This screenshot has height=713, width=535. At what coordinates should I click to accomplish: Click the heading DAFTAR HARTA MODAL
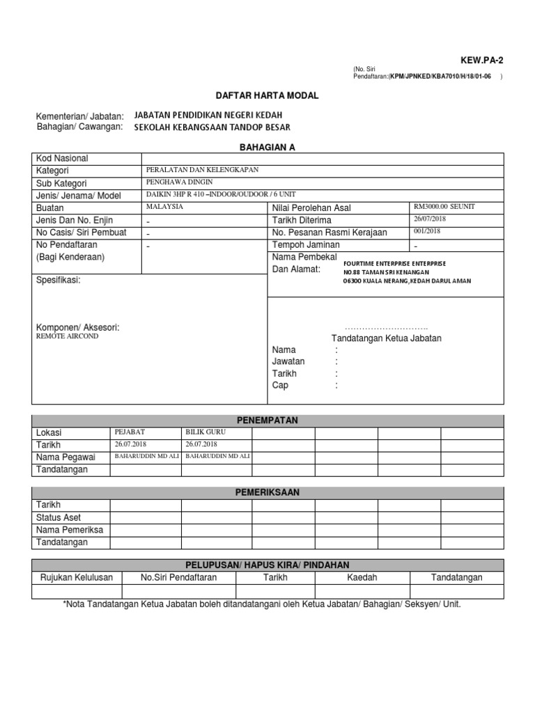click(267, 95)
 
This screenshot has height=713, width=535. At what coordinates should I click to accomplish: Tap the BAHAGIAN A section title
click(267, 147)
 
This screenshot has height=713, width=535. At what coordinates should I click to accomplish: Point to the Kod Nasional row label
click(62, 159)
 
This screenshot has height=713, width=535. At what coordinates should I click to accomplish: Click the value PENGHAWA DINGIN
click(174, 182)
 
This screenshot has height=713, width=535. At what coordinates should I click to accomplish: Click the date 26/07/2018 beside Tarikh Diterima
click(430, 219)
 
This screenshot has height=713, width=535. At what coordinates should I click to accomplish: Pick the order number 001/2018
click(427, 231)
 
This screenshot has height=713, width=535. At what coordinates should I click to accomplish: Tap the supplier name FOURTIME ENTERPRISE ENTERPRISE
click(394, 264)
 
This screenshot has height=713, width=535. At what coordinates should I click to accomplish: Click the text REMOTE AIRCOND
click(67, 336)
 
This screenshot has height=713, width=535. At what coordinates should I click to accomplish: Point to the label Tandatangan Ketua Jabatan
click(386, 338)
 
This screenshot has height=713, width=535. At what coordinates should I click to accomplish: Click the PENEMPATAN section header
click(267, 421)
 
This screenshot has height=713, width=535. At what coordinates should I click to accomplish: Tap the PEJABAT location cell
click(130, 432)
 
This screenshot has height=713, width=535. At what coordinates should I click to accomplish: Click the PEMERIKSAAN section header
click(267, 492)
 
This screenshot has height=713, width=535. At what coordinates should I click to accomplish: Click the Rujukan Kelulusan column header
click(77, 577)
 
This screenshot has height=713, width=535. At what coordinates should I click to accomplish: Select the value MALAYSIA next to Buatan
click(164, 207)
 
